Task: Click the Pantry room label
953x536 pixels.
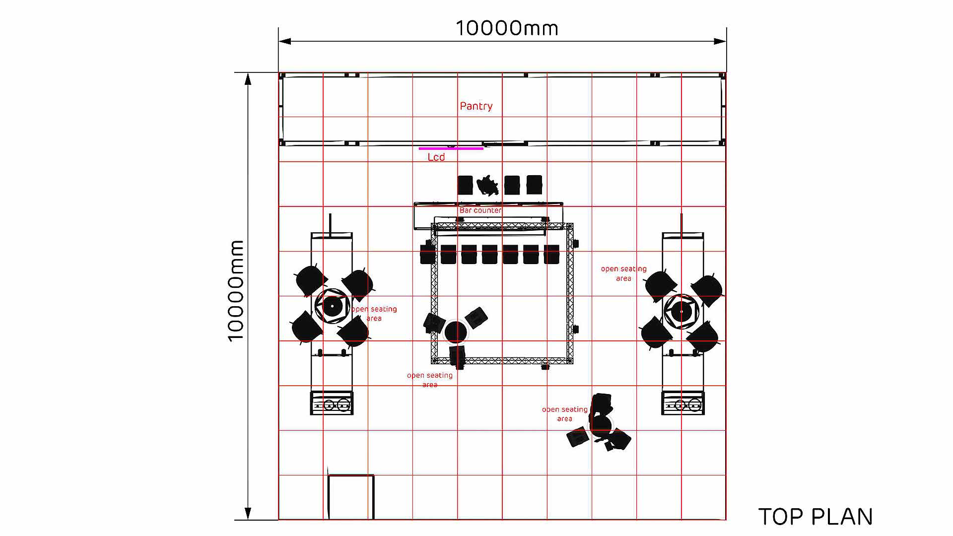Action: pyautogui.click(x=476, y=106)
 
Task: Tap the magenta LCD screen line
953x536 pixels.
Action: pyautogui.click(x=451, y=148)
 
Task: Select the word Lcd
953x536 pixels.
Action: pyautogui.click(x=436, y=157)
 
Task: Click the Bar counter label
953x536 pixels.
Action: pyautogui.click(x=480, y=210)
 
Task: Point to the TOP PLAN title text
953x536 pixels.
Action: pyautogui.click(x=816, y=517)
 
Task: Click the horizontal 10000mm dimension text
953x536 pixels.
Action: pyautogui.click(x=507, y=28)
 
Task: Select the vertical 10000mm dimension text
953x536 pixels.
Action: pyautogui.click(x=236, y=291)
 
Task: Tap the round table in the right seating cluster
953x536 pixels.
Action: pyautogui.click(x=681, y=311)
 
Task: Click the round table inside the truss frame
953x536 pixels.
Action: pyautogui.click(x=455, y=332)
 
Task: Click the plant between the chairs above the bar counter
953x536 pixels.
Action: pyautogui.click(x=488, y=185)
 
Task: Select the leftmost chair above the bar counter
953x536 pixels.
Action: pyautogui.click(x=465, y=185)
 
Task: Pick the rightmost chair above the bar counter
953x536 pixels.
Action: pyautogui.click(x=534, y=185)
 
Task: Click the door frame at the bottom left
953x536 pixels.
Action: pyautogui.click(x=350, y=496)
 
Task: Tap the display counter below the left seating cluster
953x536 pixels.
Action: pyautogui.click(x=332, y=403)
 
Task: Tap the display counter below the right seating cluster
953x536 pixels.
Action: pyautogui.click(x=682, y=403)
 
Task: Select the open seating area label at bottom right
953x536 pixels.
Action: pyautogui.click(x=564, y=414)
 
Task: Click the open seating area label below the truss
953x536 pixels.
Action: pyautogui.click(x=429, y=380)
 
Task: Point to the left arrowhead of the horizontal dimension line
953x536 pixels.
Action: pyautogui.click(x=284, y=41)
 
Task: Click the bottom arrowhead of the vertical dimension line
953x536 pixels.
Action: pyautogui.click(x=248, y=514)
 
